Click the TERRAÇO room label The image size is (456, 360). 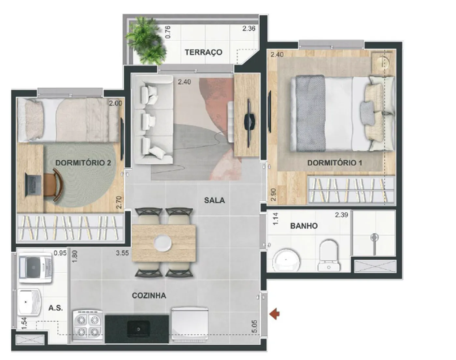pos(204,52)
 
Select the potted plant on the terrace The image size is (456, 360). pos(146,41)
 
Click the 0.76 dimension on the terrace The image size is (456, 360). pos(168,32)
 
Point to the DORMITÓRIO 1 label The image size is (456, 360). pos(335,163)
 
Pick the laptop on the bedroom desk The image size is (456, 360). pos(33,184)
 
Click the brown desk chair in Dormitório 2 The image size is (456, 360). pos(54,184)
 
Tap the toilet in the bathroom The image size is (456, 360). pos(329,255)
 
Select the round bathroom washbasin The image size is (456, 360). pos(286,260)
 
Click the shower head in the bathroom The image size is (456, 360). pos(375,237)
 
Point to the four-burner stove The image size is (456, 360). pos(88,326)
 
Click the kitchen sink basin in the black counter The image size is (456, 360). pos(138,329)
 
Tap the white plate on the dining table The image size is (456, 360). pos(163,242)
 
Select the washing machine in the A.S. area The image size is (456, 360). pos(36,267)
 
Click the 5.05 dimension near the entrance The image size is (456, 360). pos(255,326)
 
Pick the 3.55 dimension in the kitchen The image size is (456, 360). pos(122,253)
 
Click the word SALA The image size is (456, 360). pos(214,200)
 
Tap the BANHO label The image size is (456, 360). pos(304,226)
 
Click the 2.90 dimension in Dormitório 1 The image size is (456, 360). pos(274,194)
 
